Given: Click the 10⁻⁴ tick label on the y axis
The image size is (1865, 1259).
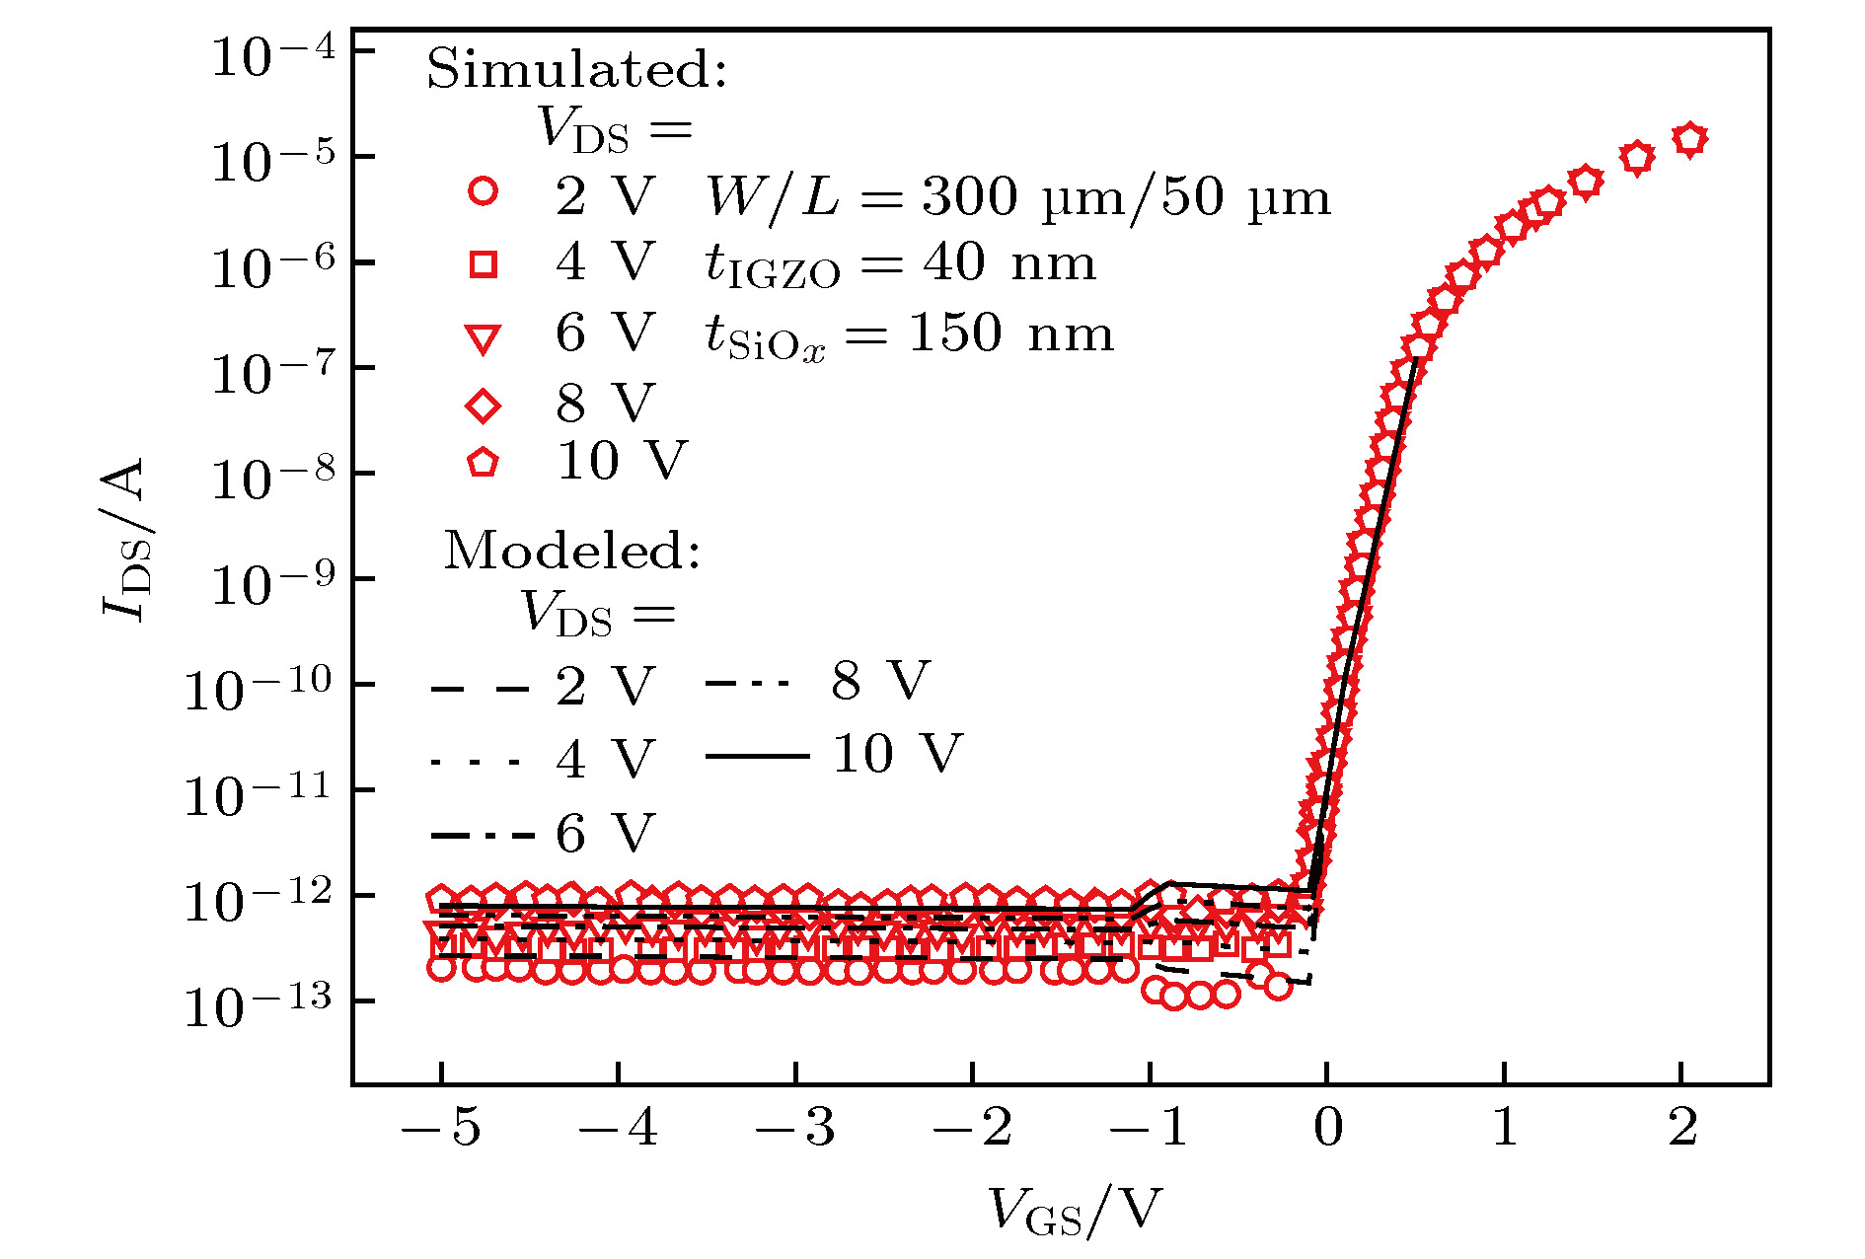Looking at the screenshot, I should coord(273,56).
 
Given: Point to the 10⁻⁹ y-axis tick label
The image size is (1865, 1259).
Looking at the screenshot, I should coord(273,585).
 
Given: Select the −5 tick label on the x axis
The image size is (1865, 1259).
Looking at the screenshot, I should coord(440,1128).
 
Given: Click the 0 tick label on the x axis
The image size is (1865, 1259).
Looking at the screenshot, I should coord(1327,1128).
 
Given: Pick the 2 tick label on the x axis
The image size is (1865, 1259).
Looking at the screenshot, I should coord(1682,1128).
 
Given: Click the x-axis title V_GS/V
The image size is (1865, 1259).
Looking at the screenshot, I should coord(1075,1211).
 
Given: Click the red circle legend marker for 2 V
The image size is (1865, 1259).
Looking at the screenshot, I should coord(483,191).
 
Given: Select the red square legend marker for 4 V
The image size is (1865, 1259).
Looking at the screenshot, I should coord(483,263).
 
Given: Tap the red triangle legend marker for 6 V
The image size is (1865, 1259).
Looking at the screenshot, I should coord(483,338).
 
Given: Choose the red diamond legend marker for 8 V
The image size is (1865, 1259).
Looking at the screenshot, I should coord(483,406).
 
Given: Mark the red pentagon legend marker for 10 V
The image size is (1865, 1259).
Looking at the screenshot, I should coord(483,462).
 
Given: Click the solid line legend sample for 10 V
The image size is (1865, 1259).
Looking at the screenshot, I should coord(757,757).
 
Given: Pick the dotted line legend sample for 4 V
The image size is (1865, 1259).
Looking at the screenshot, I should coord(476,762).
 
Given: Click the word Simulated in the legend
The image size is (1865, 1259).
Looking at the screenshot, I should coord(576,70).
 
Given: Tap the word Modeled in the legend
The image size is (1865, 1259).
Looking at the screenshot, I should coord(571,551).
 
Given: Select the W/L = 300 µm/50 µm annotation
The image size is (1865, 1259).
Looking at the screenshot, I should coord(1017,196).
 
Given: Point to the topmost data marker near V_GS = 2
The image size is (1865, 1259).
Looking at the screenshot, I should coord(1690,140).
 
